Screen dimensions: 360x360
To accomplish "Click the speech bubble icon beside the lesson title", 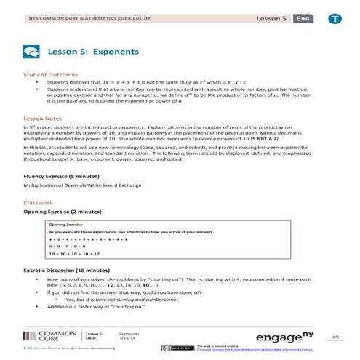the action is (32, 52).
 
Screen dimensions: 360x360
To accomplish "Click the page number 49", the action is (335, 337).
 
